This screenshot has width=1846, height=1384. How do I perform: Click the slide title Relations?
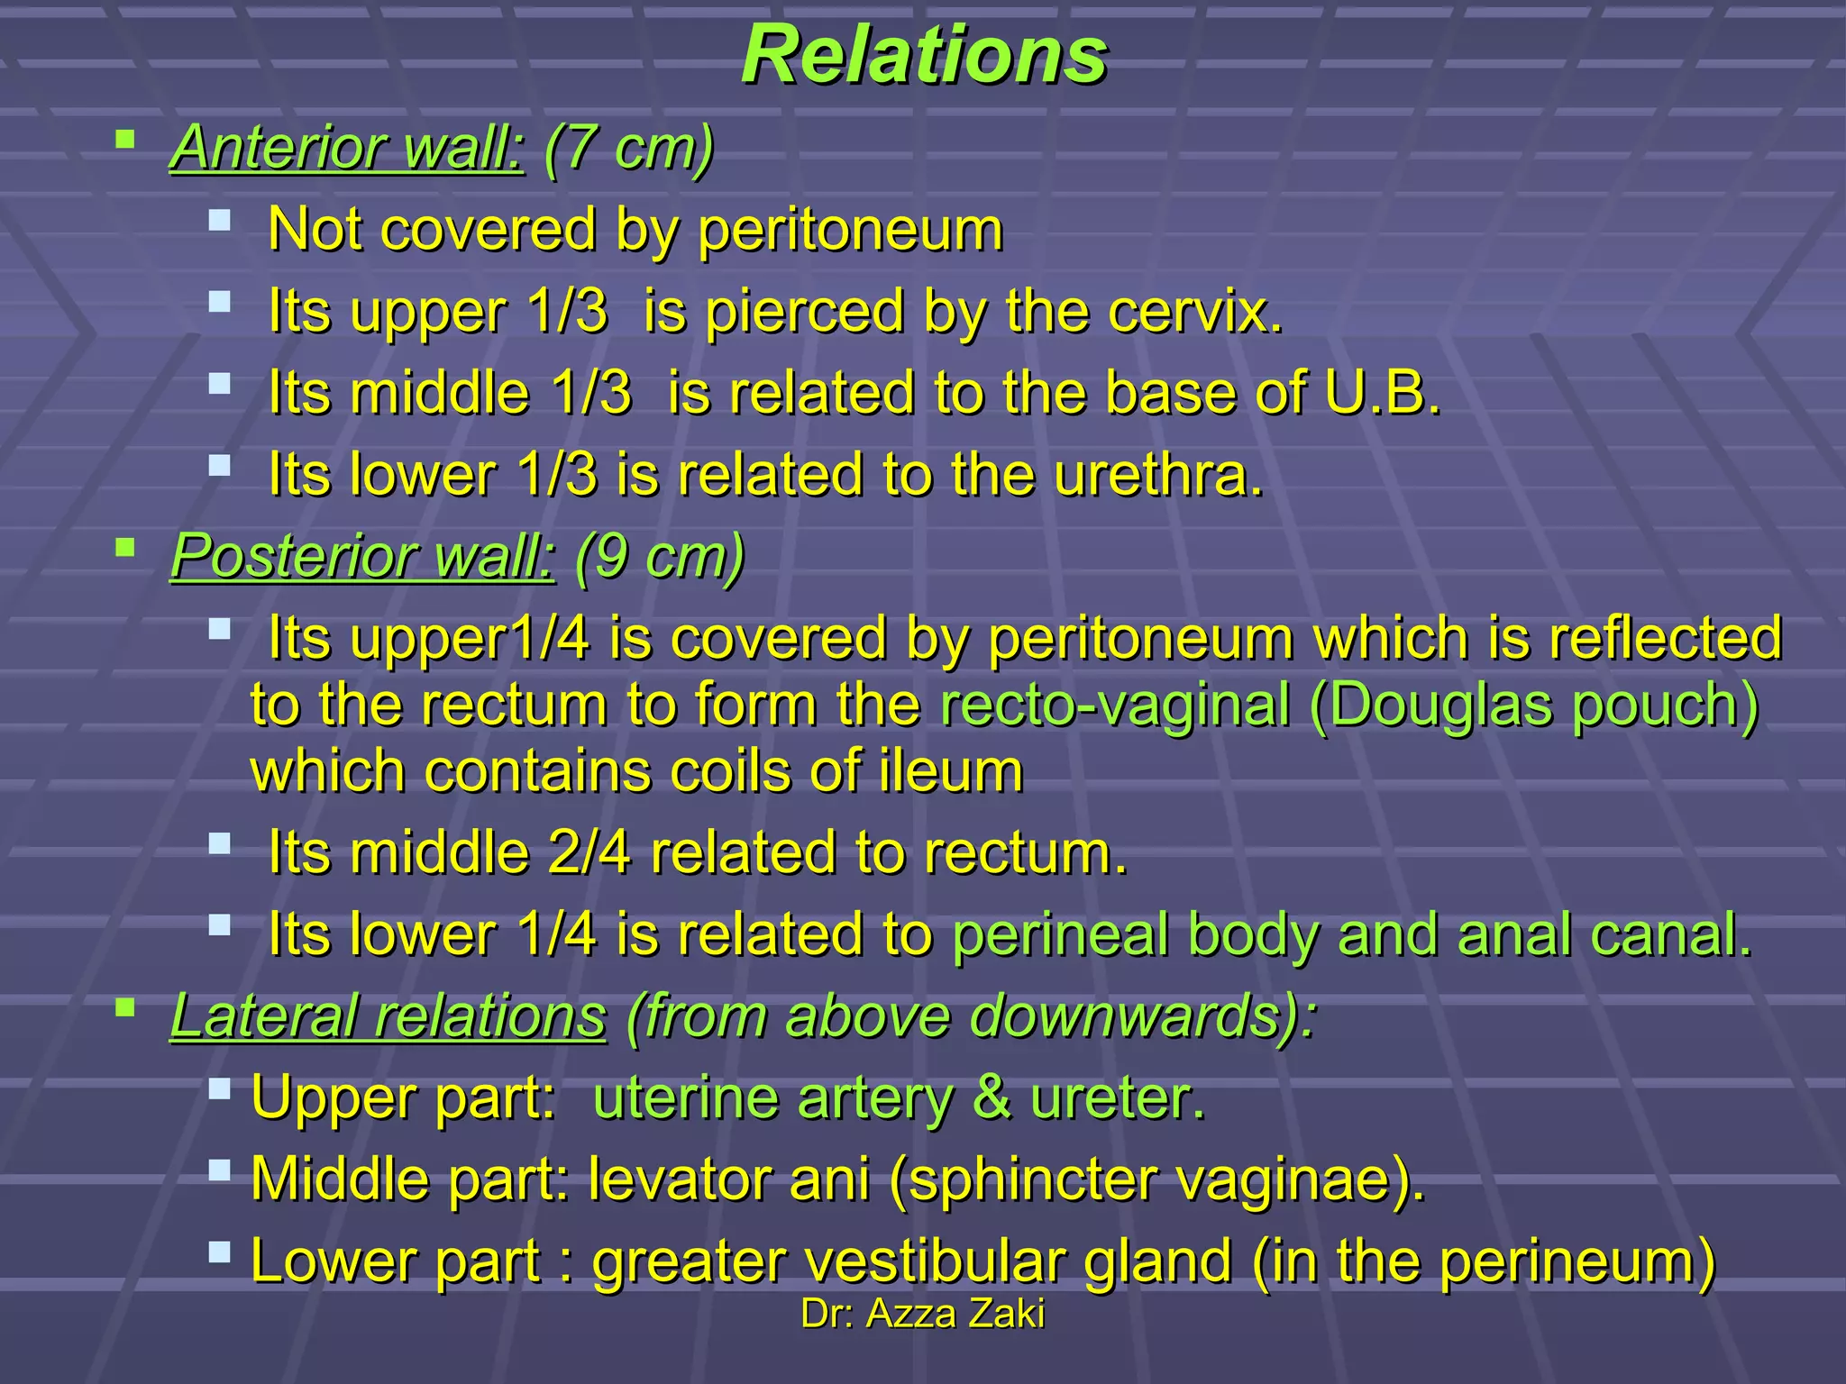tap(924, 56)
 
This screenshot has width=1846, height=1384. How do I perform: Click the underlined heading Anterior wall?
tap(347, 148)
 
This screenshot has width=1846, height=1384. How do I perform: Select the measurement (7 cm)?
tap(628, 148)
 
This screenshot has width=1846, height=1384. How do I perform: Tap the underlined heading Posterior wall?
tap(363, 556)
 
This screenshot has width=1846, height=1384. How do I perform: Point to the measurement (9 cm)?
tap(659, 556)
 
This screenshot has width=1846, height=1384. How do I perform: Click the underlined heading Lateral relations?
tap(388, 1016)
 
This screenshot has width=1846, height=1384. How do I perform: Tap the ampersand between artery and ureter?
tap(991, 1098)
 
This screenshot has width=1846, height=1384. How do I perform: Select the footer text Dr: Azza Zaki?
tap(923, 1314)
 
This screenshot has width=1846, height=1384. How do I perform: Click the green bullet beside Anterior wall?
tap(125, 140)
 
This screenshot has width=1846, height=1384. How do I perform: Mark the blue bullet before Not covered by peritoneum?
tap(219, 220)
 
